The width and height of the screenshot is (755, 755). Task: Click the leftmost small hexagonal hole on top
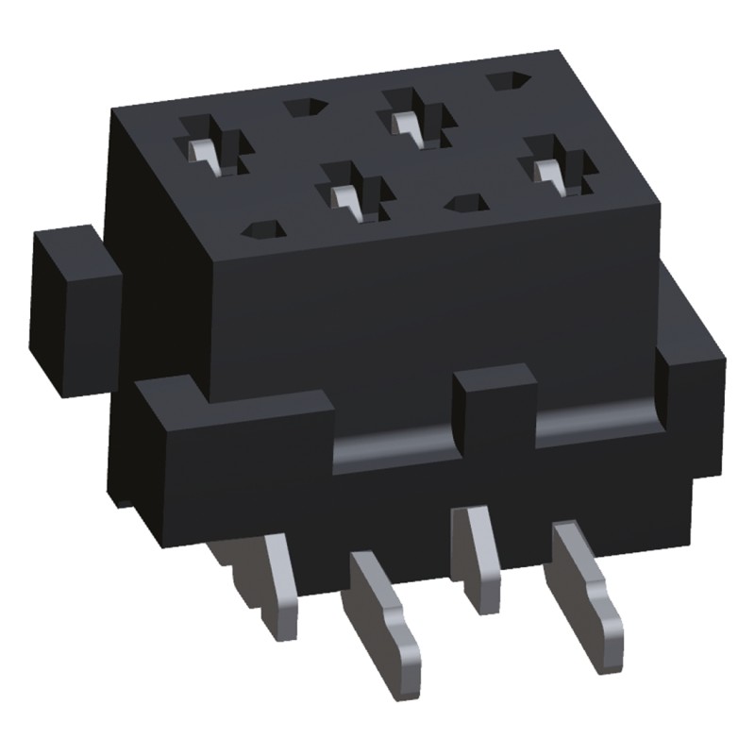[263, 231]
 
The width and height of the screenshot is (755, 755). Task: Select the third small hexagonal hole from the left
[467, 202]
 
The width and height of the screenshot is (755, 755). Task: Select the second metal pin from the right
[478, 557]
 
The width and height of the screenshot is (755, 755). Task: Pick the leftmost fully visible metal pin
[278, 581]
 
